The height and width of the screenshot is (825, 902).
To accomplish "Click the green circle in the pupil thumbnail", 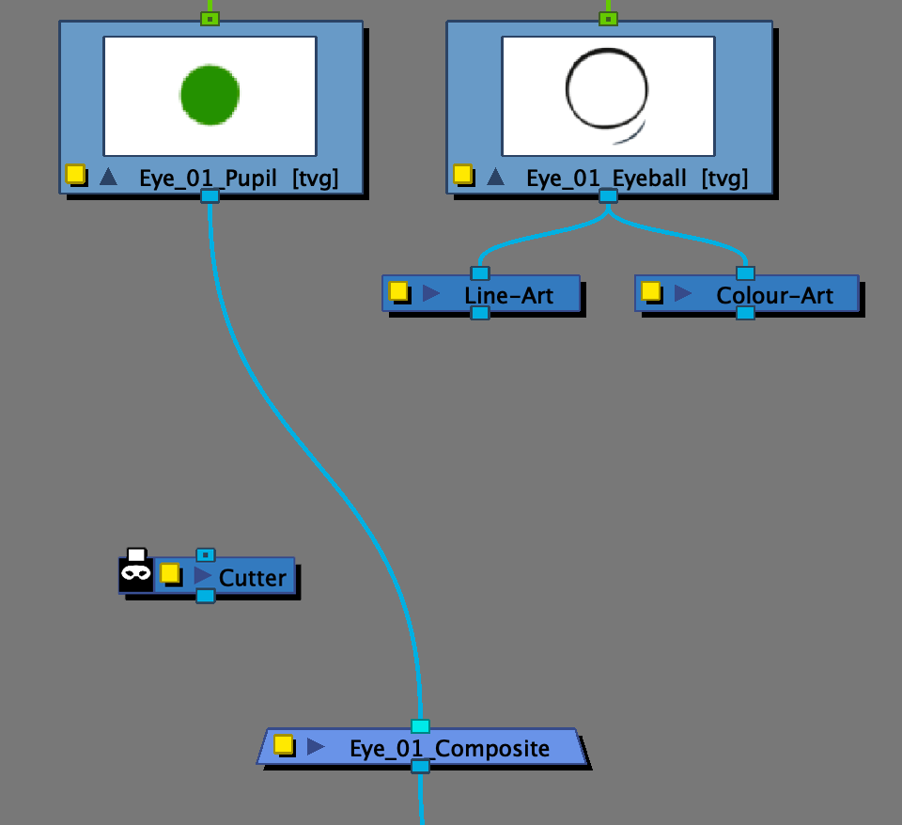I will coord(210,94).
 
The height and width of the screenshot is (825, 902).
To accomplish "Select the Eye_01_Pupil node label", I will coord(208,178).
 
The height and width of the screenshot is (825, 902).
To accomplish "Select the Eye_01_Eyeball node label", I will coord(606,178).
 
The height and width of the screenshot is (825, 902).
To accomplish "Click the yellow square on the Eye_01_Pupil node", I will coord(75,174).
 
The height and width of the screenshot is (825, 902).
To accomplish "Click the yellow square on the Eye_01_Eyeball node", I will coord(462,174).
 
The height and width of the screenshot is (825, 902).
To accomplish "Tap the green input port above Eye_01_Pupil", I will coord(210,18).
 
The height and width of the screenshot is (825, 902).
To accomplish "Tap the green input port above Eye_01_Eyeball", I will coord(608,18).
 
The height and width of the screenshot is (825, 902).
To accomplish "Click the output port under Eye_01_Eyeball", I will coord(608,195).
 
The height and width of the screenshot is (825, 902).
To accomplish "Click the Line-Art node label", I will coord(508,295).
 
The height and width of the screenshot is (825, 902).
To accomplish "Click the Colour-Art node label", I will coord(774,295).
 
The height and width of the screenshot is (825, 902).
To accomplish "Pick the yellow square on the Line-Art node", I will coord(398,291).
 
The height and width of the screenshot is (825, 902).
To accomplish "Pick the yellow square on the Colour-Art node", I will coord(650,291).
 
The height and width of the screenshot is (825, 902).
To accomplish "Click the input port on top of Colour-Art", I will coord(745,273).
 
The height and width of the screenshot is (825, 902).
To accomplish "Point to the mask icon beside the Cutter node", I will coord(136,573).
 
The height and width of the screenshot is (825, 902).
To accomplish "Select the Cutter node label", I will coord(252,577).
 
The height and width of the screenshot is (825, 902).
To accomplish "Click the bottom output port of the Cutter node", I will coord(205,596).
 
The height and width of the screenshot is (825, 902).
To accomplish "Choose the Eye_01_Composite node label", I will coord(449,749).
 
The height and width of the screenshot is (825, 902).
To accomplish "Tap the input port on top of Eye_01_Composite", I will coord(420,726).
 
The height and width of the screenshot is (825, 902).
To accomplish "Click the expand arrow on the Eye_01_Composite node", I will coord(316,746).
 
